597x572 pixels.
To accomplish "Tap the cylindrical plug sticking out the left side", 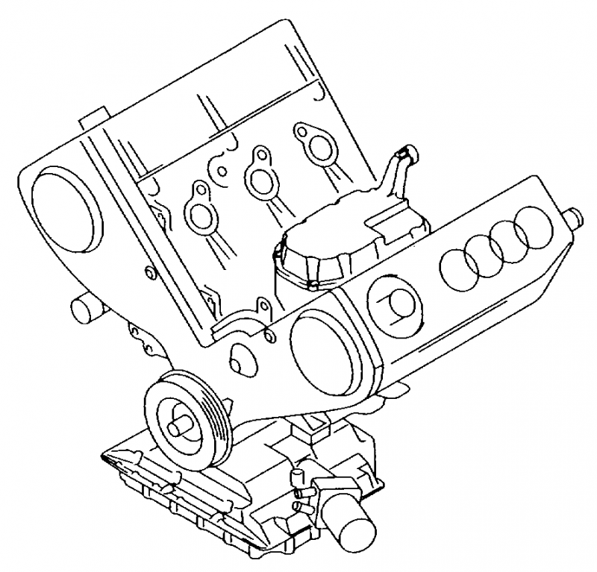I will (84, 308).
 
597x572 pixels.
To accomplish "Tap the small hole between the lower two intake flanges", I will (222, 170).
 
